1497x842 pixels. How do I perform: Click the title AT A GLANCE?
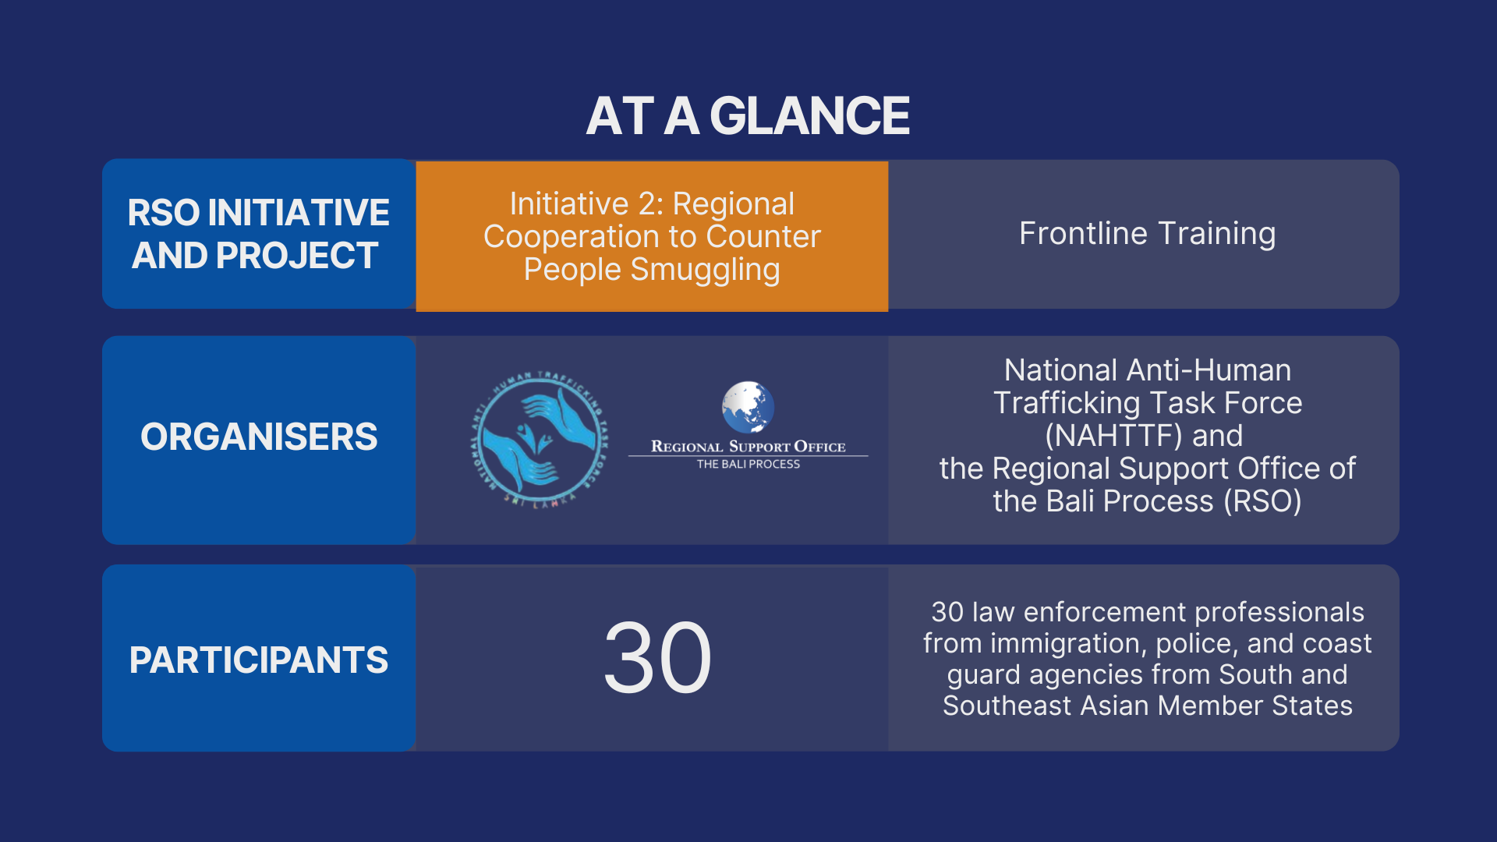coord(748,115)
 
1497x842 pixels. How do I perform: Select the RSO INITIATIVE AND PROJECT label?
coord(258,234)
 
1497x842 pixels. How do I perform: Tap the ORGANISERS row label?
coord(259,437)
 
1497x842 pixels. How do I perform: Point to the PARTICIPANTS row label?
coord(259,660)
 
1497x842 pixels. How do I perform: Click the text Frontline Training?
coord(1147,233)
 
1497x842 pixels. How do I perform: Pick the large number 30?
coord(658,656)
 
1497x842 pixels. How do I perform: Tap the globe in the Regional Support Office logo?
coord(748,407)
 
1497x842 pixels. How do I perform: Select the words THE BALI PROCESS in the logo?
coord(748,464)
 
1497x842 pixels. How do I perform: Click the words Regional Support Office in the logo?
coord(748,447)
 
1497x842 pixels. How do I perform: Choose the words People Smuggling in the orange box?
coord(652,270)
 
